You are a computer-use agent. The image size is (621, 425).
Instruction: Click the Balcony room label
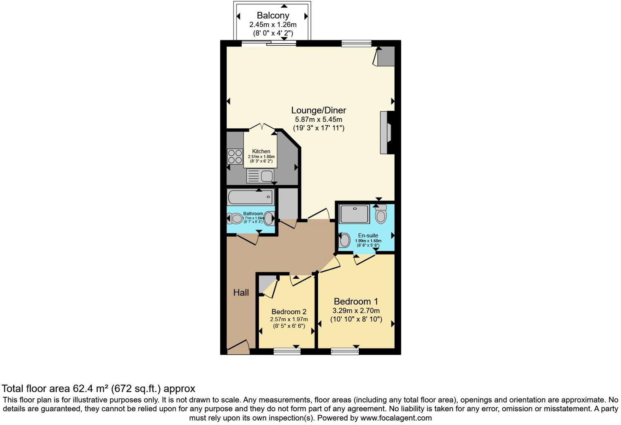point(273,16)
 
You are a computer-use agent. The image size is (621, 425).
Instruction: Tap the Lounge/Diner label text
point(318,110)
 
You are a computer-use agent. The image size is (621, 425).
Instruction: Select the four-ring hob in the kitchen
point(235,157)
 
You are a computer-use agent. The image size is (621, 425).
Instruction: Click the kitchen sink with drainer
point(260,176)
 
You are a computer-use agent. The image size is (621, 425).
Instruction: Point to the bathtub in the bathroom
point(250,197)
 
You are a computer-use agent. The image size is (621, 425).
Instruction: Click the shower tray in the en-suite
point(354,214)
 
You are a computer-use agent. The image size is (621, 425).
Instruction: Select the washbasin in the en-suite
point(344,240)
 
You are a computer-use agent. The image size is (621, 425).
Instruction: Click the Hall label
point(241,293)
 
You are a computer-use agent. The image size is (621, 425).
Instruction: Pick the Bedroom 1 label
point(356,302)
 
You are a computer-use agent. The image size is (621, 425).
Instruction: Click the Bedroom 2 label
point(289,311)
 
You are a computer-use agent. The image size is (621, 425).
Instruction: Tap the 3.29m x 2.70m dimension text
point(356,311)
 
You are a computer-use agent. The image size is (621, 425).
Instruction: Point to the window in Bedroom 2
point(287,351)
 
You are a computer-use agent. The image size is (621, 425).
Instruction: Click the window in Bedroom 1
point(344,351)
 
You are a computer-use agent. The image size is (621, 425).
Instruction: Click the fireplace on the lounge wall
point(386,132)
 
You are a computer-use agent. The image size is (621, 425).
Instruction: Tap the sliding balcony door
point(268,43)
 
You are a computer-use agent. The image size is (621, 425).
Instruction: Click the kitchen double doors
point(261,127)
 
